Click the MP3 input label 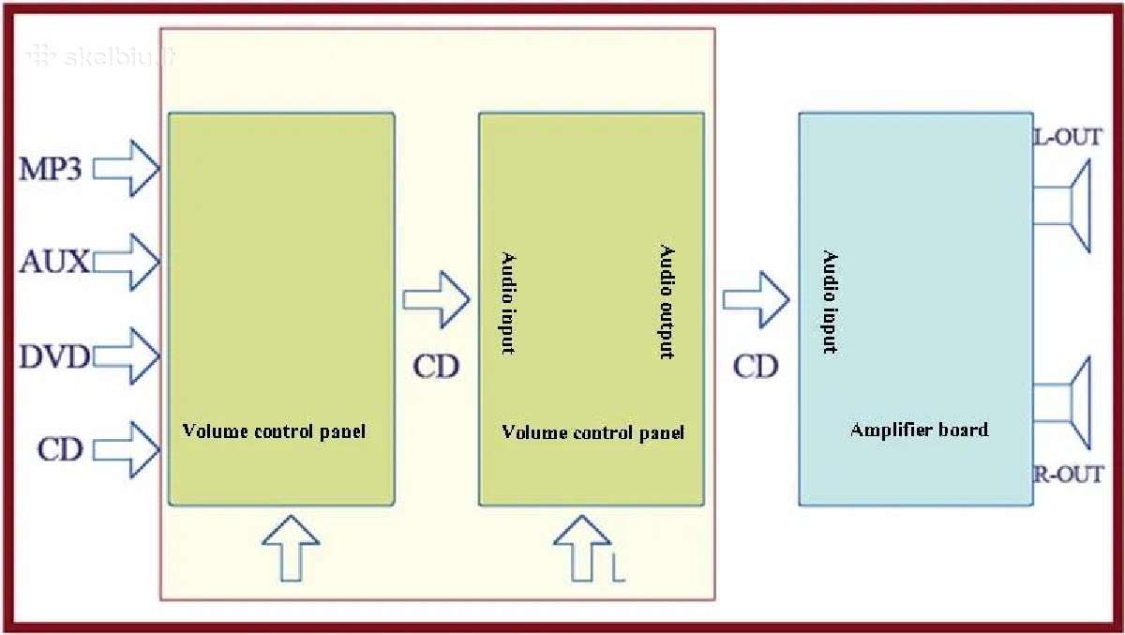click(x=51, y=169)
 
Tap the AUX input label click(x=54, y=262)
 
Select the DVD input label click(x=54, y=356)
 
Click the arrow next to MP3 click(x=127, y=168)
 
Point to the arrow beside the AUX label click(x=127, y=263)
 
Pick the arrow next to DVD click(x=127, y=356)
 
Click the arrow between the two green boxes click(x=437, y=300)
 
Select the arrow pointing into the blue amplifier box click(x=757, y=300)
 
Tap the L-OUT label click(x=1067, y=138)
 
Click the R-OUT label click(x=1068, y=475)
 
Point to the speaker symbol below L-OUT click(x=1061, y=206)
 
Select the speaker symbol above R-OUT click(x=1061, y=403)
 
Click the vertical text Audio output click(x=667, y=302)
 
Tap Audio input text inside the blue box click(x=830, y=301)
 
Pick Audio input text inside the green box click(x=508, y=304)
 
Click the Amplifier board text click(x=919, y=430)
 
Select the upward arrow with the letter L click(x=582, y=549)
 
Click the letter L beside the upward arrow click(x=618, y=569)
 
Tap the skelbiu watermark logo click(x=100, y=56)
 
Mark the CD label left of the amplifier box click(x=756, y=367)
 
